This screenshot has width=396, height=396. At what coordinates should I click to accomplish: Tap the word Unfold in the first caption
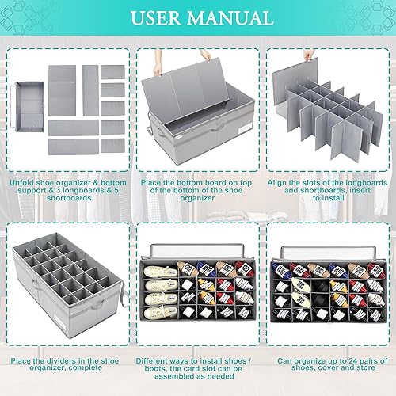pyautogui.click(x=23, y=182)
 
